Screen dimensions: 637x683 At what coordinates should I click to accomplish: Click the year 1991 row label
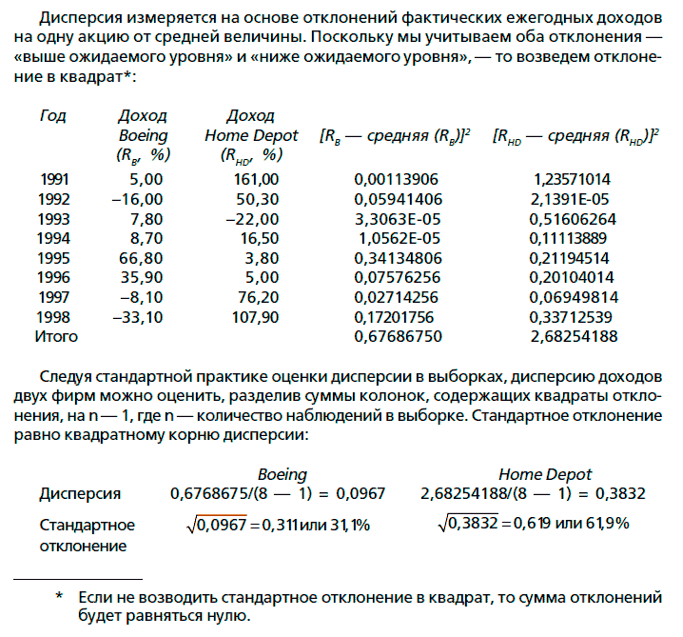pyautogui.click(x=54, y=178)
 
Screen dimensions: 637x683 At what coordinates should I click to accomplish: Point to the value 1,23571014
pyautogui.click(x=573, y=178)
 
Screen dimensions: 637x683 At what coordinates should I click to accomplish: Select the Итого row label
pyautogui.click(x=56, y=336)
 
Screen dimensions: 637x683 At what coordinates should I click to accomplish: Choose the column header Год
pyautogui.click(x=53, y=115)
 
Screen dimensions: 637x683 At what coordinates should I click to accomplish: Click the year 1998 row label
pyautogui.click(x=54, y=316)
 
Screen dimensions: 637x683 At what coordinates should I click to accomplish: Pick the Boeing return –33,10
pyautogui.click(x=138, y=316)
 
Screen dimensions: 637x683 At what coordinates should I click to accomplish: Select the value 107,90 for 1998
pyautogui.click(x=254, y=316)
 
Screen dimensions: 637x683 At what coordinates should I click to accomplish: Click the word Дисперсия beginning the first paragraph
pyautogui.click(x=73, y=21)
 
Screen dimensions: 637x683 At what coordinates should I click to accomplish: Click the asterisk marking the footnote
pyautogui.click(x=59, y=597)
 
